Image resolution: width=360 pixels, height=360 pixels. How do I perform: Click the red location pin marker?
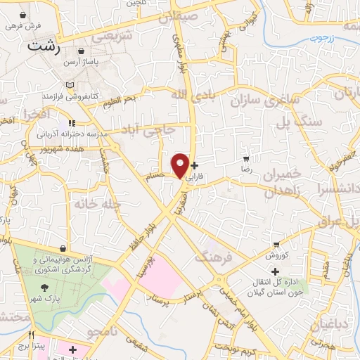click(x=181, y=165)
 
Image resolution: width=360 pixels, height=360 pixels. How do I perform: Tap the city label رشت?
click(x=44, y=46)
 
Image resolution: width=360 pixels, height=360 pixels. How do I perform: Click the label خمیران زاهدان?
click(x=285, y=181)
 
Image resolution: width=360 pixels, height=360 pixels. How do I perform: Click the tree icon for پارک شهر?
click(x=46, y=288)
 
